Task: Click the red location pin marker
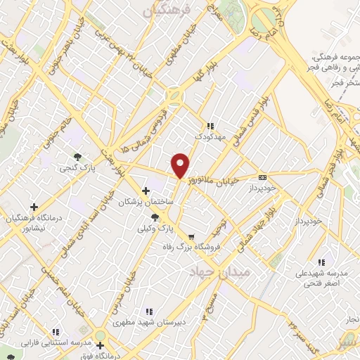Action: pos(181,166)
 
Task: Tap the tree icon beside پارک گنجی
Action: pos(77,157)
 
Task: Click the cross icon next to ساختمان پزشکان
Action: pos(146,191)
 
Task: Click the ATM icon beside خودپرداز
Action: pos(263,177)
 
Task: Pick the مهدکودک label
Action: pos(211,137)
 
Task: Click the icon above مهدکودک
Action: pos(209,126)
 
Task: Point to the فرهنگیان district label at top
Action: pos(167,11)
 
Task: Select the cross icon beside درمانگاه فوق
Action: pos(100,345)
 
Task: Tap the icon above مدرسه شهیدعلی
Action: pos(321,262)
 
